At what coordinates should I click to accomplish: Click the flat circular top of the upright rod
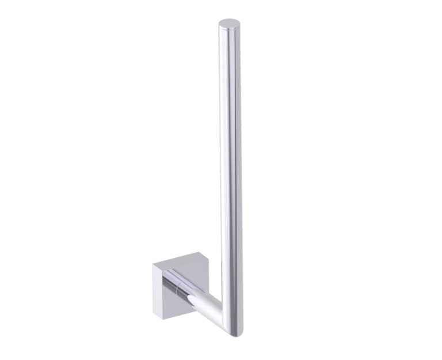[x=229, y=23]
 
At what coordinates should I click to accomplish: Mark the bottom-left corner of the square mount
[x=154, y=314]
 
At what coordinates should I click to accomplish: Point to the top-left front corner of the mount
[x=159, y=270]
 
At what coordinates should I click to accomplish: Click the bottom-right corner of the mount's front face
[x=190, y=318]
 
